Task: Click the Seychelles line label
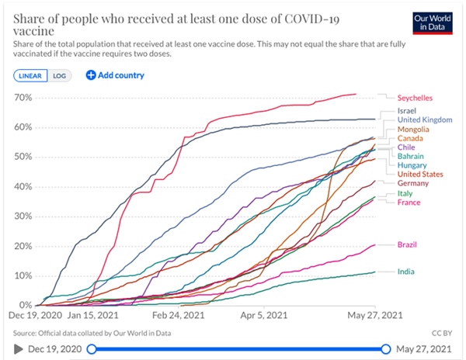coord(416,99)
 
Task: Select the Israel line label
coord(407,112)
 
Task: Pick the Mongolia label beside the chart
coord(414,130)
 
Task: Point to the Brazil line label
coord(408,244)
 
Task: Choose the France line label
coord(409,202)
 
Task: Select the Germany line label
coord(412,183)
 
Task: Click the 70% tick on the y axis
coord(23,98)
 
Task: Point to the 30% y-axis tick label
coord(23,216)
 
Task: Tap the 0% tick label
coord(25,305)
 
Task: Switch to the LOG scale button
coord(59,75)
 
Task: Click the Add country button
coord(115,75)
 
